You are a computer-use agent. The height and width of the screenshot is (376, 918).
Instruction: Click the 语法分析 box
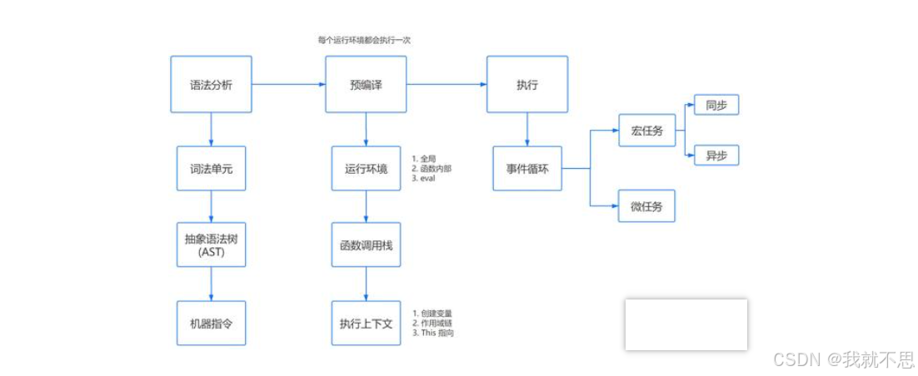211,84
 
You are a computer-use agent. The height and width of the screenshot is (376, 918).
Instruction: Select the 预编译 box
366,84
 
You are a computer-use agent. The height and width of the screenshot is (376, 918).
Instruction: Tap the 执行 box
526,84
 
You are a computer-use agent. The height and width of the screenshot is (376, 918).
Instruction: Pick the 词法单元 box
211,168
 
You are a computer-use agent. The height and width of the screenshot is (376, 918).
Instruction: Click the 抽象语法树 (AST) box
211,245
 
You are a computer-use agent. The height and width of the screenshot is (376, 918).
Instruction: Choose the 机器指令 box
211,323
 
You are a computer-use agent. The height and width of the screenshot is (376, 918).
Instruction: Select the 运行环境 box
366,168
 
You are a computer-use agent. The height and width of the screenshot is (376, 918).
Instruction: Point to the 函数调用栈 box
366,245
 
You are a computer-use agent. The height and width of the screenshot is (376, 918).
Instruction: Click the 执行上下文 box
366,323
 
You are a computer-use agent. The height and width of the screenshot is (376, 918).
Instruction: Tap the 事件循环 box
526,168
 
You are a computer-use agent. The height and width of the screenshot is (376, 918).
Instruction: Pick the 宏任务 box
646,130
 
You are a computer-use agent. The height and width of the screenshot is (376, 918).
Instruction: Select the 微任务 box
646,206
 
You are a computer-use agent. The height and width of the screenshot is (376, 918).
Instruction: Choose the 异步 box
716,155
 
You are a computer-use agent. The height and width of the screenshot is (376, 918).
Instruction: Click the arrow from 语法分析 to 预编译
287,84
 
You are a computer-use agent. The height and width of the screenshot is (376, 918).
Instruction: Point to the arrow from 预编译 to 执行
446,84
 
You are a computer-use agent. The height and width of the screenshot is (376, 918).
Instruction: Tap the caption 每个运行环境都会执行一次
364,40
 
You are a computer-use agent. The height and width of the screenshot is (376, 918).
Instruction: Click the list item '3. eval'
424,178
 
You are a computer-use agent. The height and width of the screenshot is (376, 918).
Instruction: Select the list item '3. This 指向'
433,333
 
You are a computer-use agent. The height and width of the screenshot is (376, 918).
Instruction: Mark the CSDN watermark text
843,359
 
